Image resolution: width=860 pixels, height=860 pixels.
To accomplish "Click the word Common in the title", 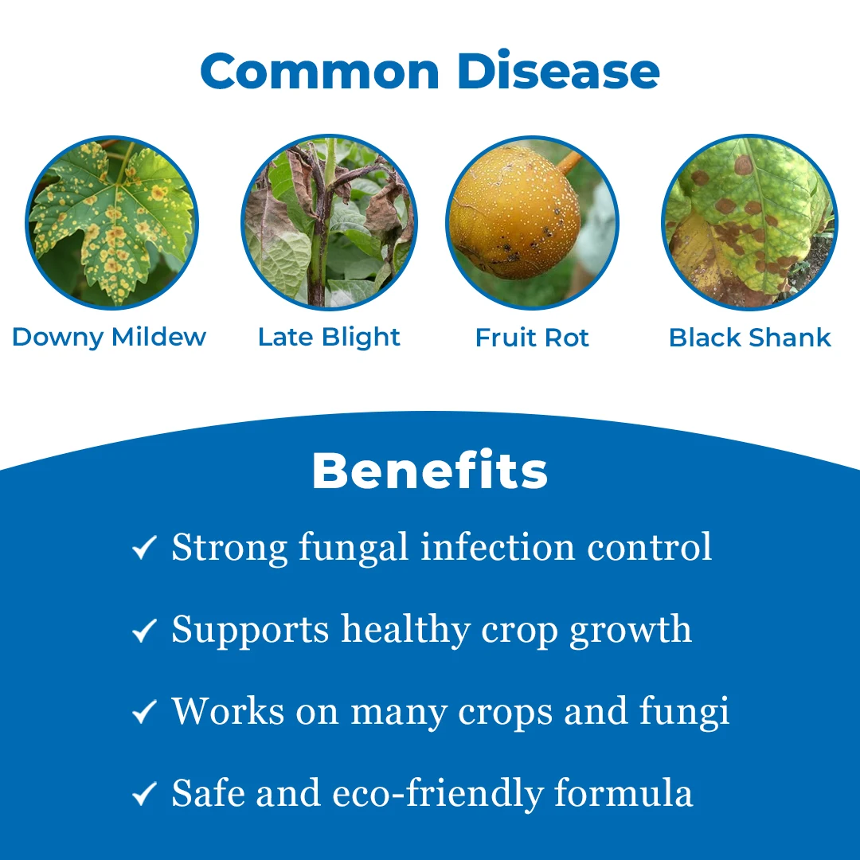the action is pos(320,71).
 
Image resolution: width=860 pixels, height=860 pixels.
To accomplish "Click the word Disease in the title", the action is pos(558,71).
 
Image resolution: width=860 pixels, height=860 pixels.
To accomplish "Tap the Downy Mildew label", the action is pos(108,338).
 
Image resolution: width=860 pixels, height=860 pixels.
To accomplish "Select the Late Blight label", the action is pos(329,338).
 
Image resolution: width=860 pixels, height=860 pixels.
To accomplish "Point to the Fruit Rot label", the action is pos(532,338).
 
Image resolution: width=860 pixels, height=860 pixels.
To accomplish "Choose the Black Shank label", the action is pos(750,338).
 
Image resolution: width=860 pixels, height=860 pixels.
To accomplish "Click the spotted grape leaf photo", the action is pos(112,223).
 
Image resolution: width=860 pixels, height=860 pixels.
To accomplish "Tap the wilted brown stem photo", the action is pos(329,222).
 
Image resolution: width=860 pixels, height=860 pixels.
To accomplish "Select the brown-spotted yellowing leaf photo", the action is pos(750,222).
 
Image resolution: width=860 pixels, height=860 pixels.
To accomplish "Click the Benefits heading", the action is pos(430,471).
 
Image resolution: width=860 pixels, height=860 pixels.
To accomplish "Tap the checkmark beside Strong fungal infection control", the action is pos(144,547).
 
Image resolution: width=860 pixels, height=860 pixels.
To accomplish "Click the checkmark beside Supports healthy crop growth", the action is pos(144,630).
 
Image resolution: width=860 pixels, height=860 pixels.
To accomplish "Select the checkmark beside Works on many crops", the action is pos(144,711).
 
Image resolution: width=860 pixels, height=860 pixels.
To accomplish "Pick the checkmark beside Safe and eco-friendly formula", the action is pos(144,793).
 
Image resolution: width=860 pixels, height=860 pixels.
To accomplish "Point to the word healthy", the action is pos(406,630).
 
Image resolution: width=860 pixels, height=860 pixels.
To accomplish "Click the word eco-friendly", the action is pos(438,793).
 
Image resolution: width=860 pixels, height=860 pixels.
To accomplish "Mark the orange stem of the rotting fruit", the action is pos(569,162).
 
